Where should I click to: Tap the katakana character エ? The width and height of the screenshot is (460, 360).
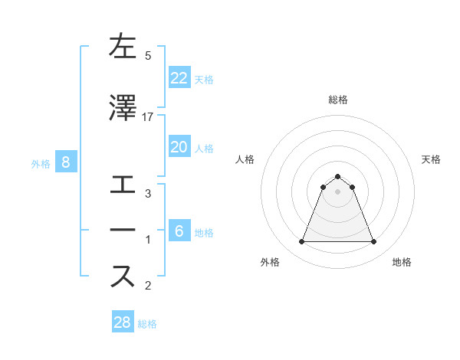point(123,185)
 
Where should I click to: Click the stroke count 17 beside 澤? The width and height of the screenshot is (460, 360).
point(148,116)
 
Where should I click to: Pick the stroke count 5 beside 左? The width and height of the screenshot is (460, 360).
point(148,55)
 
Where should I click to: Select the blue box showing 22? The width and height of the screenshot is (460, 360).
point(179,77)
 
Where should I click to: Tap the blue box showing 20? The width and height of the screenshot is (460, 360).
point(179,147)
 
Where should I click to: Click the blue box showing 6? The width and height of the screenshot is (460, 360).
point(179,231)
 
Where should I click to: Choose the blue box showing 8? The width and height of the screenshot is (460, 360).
point(66,162)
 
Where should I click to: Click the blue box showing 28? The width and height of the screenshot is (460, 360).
point(122,322)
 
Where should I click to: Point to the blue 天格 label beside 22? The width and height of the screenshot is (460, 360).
point(204,79)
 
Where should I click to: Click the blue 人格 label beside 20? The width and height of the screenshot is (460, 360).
point(204,149)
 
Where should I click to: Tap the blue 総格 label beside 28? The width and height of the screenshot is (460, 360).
point(147,324)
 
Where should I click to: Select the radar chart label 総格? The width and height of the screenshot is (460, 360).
point(338,100)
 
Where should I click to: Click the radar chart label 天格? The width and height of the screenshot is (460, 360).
point(432,159)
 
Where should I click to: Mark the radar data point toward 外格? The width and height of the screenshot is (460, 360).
point(301,242)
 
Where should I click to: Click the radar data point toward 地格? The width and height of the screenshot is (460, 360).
point(374,242)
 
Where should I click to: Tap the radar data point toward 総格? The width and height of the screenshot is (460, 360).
point(338,176)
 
